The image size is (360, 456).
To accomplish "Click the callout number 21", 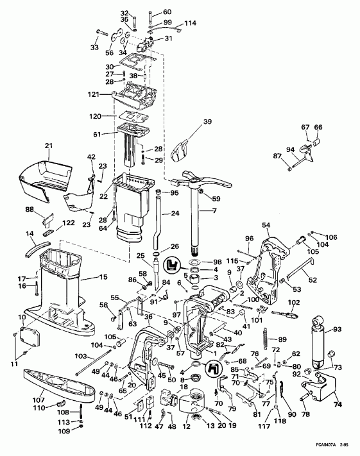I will click(48, 147).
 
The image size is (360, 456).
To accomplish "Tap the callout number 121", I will click(94, 94).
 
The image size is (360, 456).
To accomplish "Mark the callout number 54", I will click(266, 225).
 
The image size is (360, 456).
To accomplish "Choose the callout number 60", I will click(167, 12).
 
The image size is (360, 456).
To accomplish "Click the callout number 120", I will click(95, 117).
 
